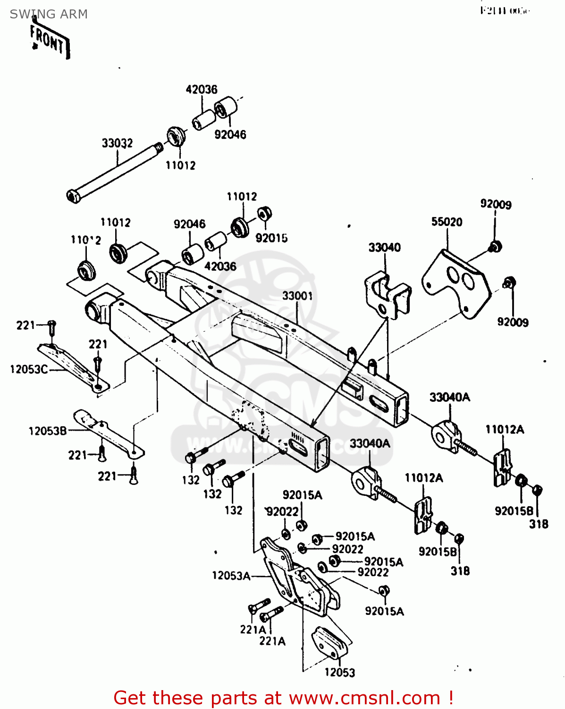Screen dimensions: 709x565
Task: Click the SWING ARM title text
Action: (x=49, y=14)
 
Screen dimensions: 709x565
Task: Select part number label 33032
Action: (x=117, y=143)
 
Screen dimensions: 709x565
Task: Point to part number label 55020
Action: (x=447, y=222)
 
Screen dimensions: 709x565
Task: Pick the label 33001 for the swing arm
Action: (x=297, y=296)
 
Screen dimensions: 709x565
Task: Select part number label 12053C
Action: (x=29, y=369)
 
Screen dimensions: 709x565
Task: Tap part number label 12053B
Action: (x=48, y=431)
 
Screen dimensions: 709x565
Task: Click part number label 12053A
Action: (x=231, y=575)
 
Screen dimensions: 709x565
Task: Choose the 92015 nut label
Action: (x=271, y=238)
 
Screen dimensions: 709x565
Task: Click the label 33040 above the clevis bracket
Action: (x=384, y=247)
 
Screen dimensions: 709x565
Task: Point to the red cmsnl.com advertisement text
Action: (x=283, y=698)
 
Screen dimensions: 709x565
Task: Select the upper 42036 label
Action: (x=202, y=89)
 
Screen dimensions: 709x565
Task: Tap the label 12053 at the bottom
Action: (x=339, y=672)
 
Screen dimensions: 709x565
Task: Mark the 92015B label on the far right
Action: (x=514, y=511)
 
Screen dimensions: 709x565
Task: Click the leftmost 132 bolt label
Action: (x=191, y=480)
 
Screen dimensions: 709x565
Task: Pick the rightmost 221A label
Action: (x=272, y=641)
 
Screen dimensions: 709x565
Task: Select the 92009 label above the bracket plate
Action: (x=496, y=204)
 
